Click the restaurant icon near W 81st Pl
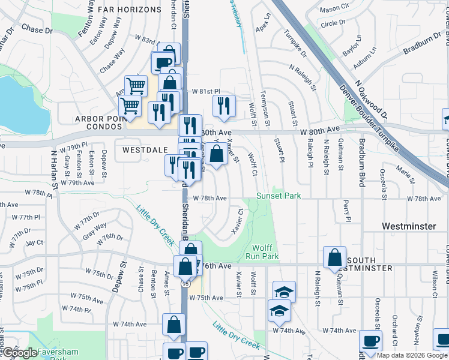[224, 106]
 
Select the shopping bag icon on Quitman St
[334, 257]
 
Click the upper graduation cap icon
[284, 292]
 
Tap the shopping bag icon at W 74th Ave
[174, 325]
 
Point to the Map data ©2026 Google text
[411, 355]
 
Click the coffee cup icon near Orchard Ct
[370, 341]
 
